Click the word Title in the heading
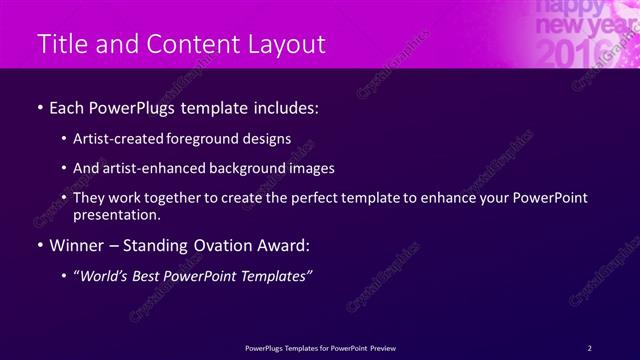[59, 44]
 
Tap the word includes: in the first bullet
[284, 107]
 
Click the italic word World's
[107, 276]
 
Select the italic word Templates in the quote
[274, 276]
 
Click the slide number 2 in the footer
[590, 347]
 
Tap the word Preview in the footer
[383, 347]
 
